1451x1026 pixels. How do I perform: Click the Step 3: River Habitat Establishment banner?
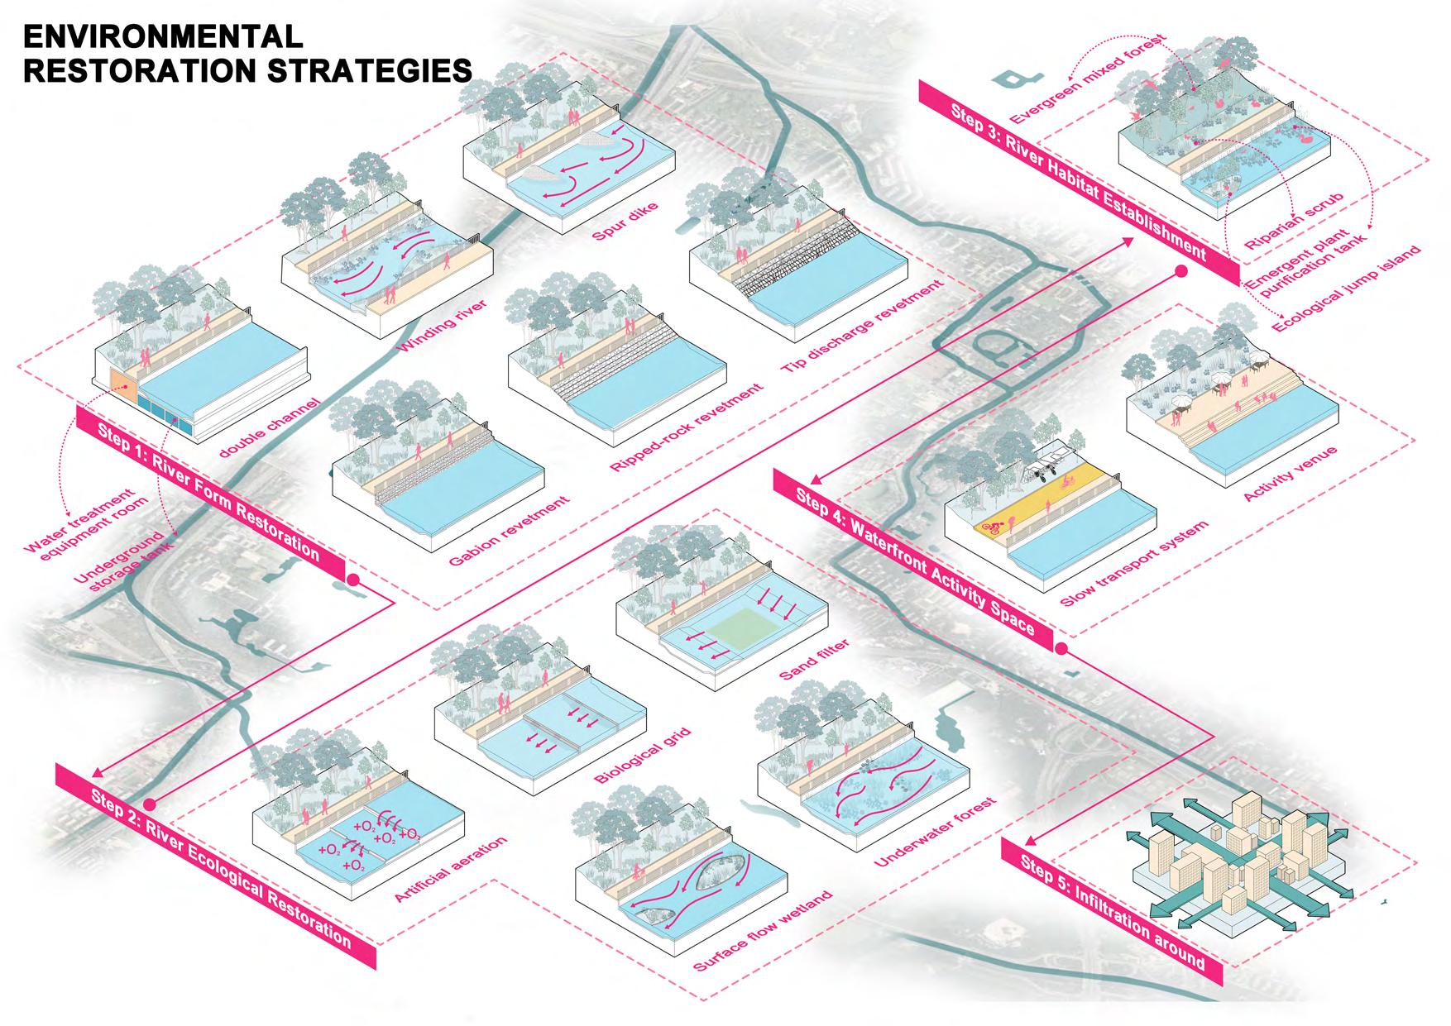click(x=1080, y=179)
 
